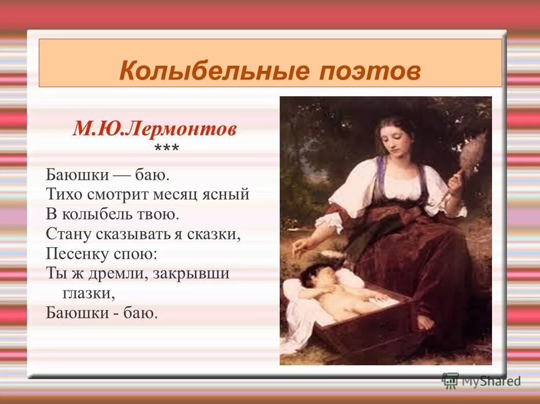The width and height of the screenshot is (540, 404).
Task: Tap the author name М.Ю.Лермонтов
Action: point(154,128)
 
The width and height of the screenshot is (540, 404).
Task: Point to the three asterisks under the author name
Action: point(166,149)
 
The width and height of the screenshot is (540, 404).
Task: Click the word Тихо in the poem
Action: point(63,194)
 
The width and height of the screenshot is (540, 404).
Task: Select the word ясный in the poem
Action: point(230,194)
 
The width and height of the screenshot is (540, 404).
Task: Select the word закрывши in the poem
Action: point(191,274)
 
